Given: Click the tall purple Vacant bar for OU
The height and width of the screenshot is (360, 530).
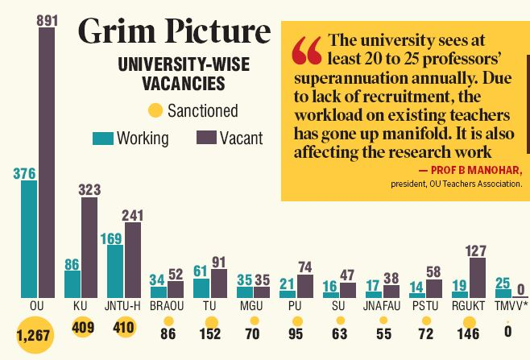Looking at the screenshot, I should click(46, 161).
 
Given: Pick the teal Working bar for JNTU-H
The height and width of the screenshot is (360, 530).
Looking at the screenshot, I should click(114, 271).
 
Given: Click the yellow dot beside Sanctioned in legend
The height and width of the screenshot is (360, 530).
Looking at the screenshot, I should click(155, 110).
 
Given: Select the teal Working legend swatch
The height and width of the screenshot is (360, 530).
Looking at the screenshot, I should click(102, 138).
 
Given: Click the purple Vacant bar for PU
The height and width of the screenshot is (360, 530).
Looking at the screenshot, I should click(305, 286).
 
